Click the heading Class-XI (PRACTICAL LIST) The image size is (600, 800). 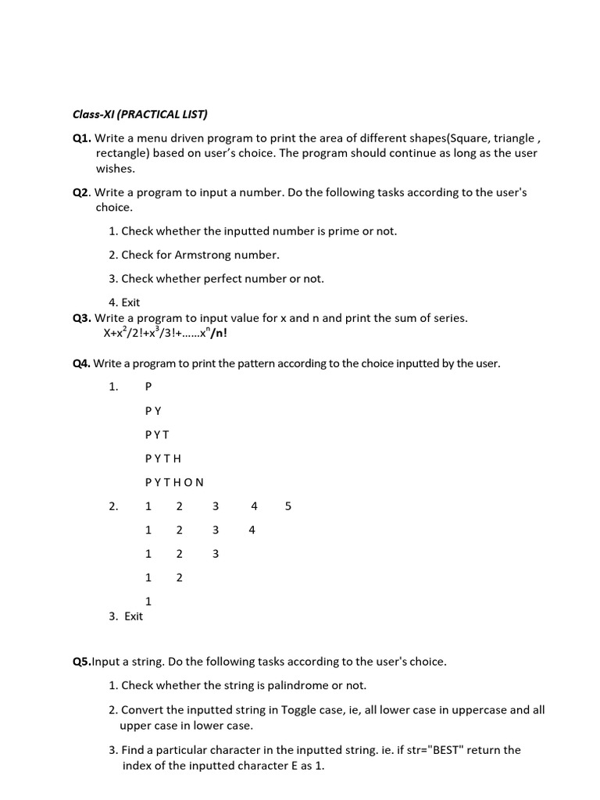pos(140,114)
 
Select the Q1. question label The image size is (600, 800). pos(82,137)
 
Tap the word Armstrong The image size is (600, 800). pos(212,255)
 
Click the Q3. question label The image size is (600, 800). pos(82,318)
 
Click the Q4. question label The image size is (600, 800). pos(82,363)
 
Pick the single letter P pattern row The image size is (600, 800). pos(148,387)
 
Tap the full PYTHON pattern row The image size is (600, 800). pos(174,482)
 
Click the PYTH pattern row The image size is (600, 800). pos(162,459)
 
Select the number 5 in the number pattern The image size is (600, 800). pos(288,506)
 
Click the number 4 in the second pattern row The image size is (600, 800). pos(252,530)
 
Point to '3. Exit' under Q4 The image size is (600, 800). pos(127,616)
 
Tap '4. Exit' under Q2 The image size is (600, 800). pos(124,302)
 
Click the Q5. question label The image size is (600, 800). pos(82,662)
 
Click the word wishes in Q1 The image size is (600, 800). pos(116,169)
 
